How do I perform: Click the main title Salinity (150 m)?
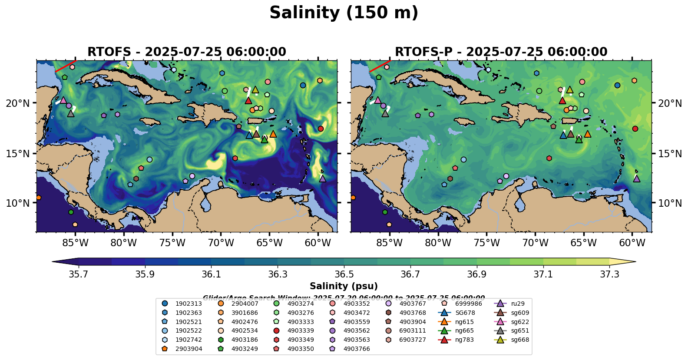[x=344, y=13]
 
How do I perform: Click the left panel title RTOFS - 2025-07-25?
[x=187, y=52]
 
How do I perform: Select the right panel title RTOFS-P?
[x=501, y=52]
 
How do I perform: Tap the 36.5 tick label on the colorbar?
[x=344, y=274]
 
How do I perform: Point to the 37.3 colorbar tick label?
[x=609, y=274]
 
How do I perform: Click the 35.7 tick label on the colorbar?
[x=79, y=274]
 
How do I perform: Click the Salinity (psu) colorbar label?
[x=344, y=286]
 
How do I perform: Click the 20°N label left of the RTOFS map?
[x=18, y=103]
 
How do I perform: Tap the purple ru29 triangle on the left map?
[x=322, y=178]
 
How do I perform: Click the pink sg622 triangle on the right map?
[x=377, y=100]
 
